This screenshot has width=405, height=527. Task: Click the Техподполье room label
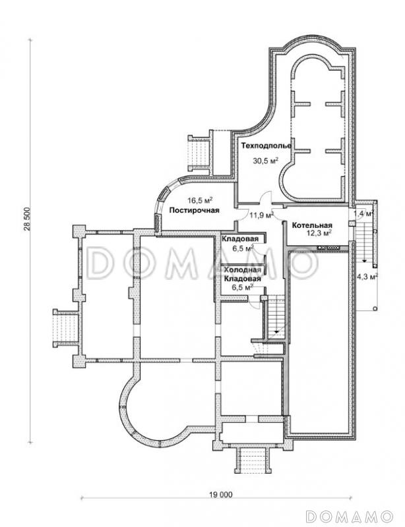pos(266,146)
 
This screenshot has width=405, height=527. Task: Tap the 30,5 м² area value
pos(265,161)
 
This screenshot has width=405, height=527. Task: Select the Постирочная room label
pos(194,210)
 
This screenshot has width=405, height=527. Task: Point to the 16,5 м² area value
pos(200,201)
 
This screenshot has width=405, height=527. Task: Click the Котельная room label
pos(312,225)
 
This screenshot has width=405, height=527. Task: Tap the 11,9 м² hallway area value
pos(261,215)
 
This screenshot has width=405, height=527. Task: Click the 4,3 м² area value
pos(367,277)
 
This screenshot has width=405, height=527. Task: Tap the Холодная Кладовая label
pos(242,274)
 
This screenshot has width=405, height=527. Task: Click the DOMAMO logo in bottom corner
pos(350,516)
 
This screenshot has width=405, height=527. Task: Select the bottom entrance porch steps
pos(253,462)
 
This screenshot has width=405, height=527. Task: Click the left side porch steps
pos(66,328)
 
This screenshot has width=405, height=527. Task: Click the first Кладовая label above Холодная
pos(240,239)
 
